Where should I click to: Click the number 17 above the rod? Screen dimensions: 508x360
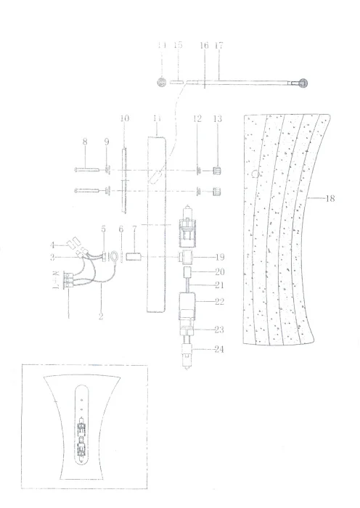coord(219,46)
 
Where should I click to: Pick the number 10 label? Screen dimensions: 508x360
coord(124,118)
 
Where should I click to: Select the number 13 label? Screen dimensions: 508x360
coord(216,118)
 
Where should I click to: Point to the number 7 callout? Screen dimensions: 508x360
coord(134,230)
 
